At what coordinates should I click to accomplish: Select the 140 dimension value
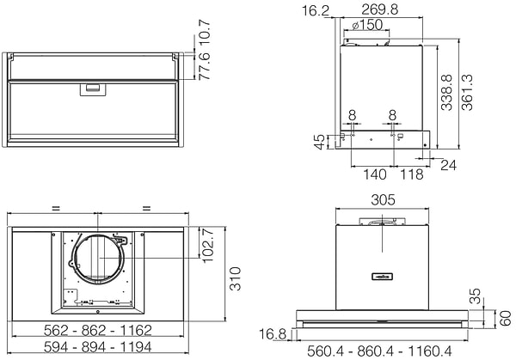[372, 174]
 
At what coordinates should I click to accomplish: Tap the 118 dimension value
[413, 174]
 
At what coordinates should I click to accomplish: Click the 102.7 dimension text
[206, 247]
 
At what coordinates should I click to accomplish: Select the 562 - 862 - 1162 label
[98, 330]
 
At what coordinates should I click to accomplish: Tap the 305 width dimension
[383, 199]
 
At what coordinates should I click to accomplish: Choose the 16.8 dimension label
[274, 333]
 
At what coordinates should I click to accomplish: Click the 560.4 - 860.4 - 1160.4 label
[380, 351]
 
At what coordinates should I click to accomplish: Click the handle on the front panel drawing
[91, 88]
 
